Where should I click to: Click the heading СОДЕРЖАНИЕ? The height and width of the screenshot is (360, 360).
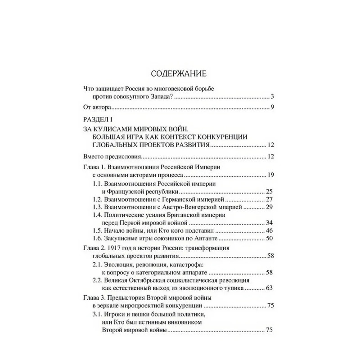[180, 73]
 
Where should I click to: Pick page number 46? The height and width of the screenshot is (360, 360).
[270, 230]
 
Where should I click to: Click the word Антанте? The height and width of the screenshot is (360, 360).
[203, 238]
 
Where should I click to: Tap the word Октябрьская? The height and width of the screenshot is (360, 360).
[163, 280]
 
